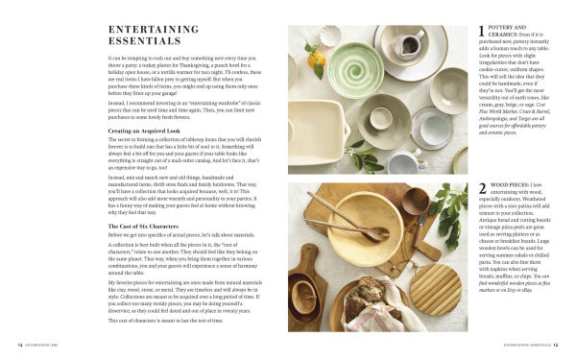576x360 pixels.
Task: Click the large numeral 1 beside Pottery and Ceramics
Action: tap(482, 32)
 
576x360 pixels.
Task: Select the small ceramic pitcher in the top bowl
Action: tap(414, 42)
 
